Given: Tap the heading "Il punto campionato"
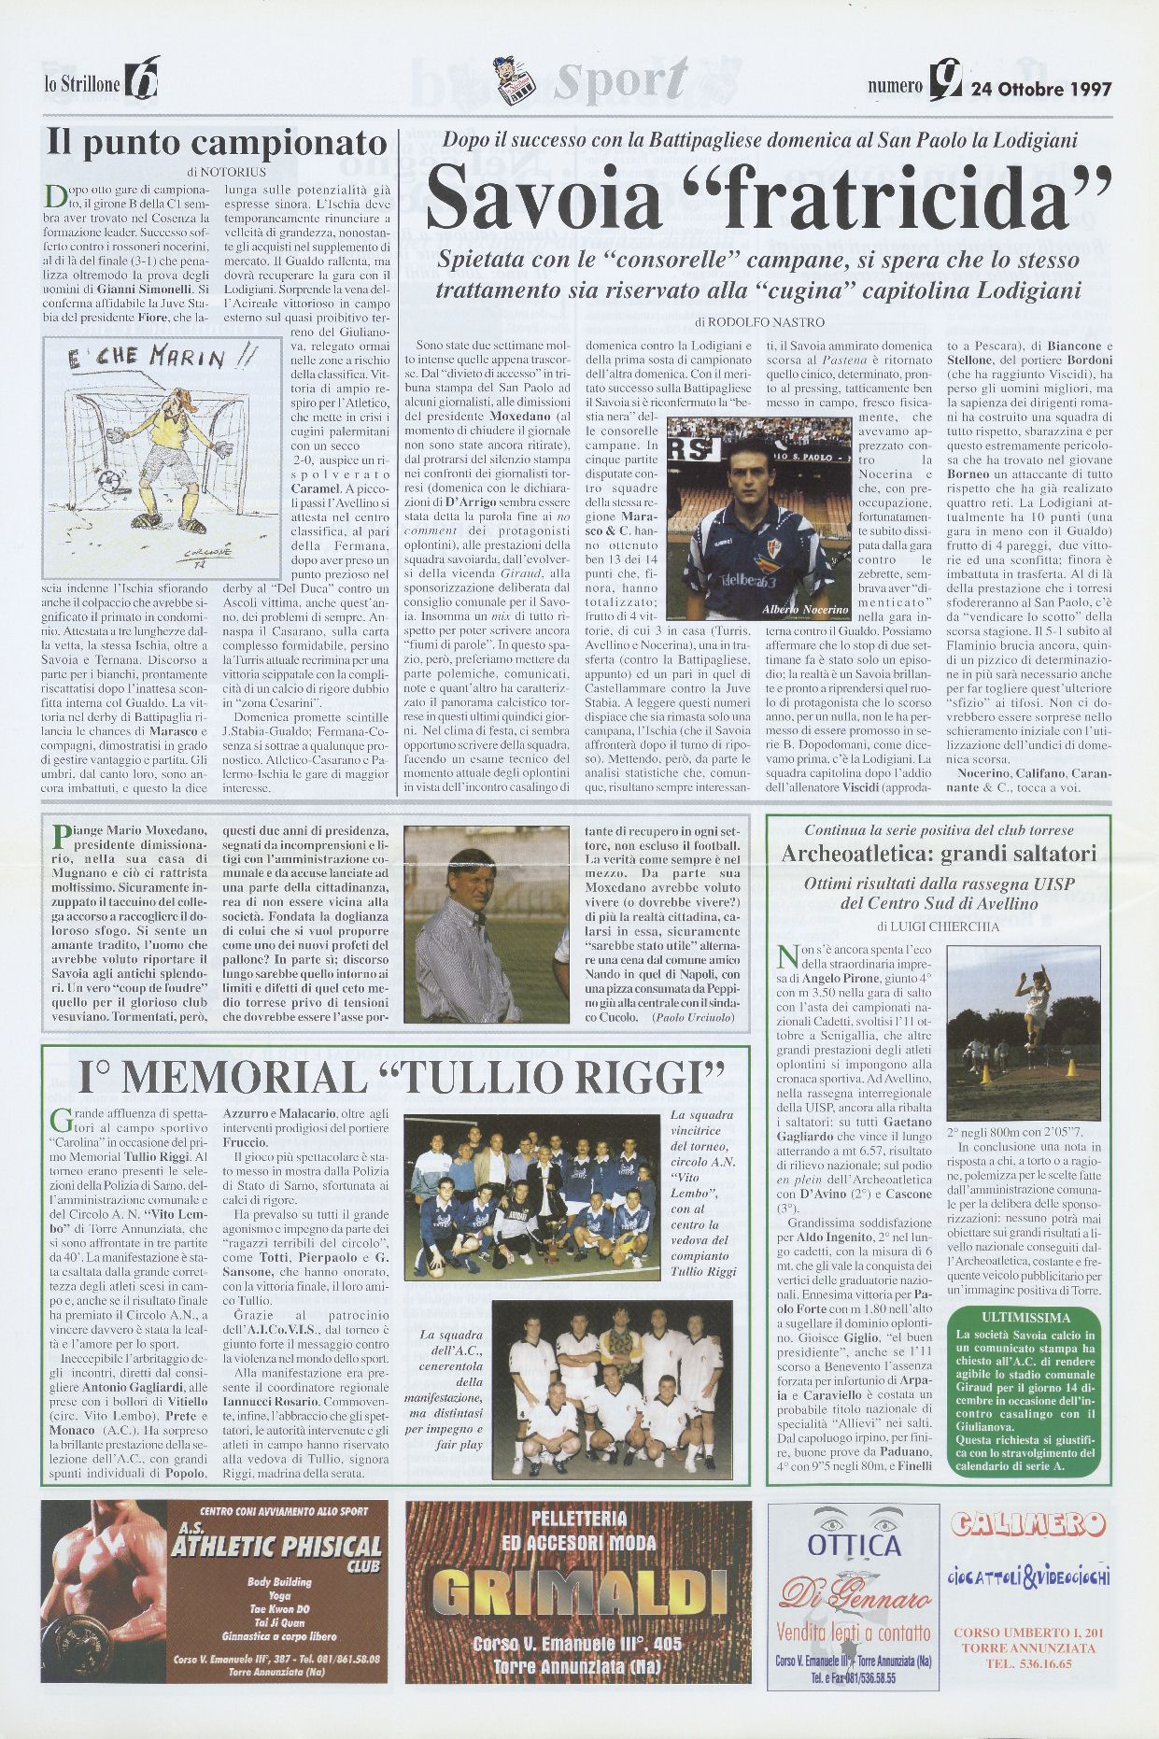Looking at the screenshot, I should [x=218, y=143].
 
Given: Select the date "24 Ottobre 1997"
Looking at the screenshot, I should [x=1041, y=90].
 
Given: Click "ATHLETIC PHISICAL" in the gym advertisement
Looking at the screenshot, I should [x=276, y=1547].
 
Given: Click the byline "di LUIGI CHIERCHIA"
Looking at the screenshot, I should [x=938, y=926].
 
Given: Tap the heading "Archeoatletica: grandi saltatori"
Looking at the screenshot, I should [x=938, y=854].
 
